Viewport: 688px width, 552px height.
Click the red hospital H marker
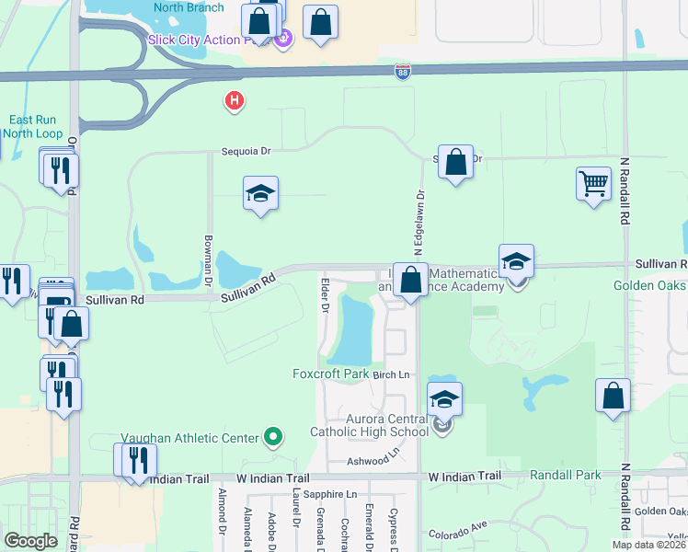coord(235,100)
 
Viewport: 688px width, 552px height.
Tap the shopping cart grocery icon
coord(594,184)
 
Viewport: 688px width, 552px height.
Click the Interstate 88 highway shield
coord(403,72)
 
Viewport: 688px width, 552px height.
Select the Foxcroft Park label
coord(330,374)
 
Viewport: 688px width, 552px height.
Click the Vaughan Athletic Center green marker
coord(272,436)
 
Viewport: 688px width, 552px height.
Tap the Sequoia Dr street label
coord(247,153)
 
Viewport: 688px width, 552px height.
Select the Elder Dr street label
coord(324,293)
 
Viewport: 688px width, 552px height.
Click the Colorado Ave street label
coord(456,530)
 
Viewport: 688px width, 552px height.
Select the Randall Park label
coord(565,475)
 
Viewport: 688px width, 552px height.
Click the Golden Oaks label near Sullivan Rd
coord(649,285)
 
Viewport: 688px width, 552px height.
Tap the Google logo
coord(31,541)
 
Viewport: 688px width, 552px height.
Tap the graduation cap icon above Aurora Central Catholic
coord(444,398)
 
